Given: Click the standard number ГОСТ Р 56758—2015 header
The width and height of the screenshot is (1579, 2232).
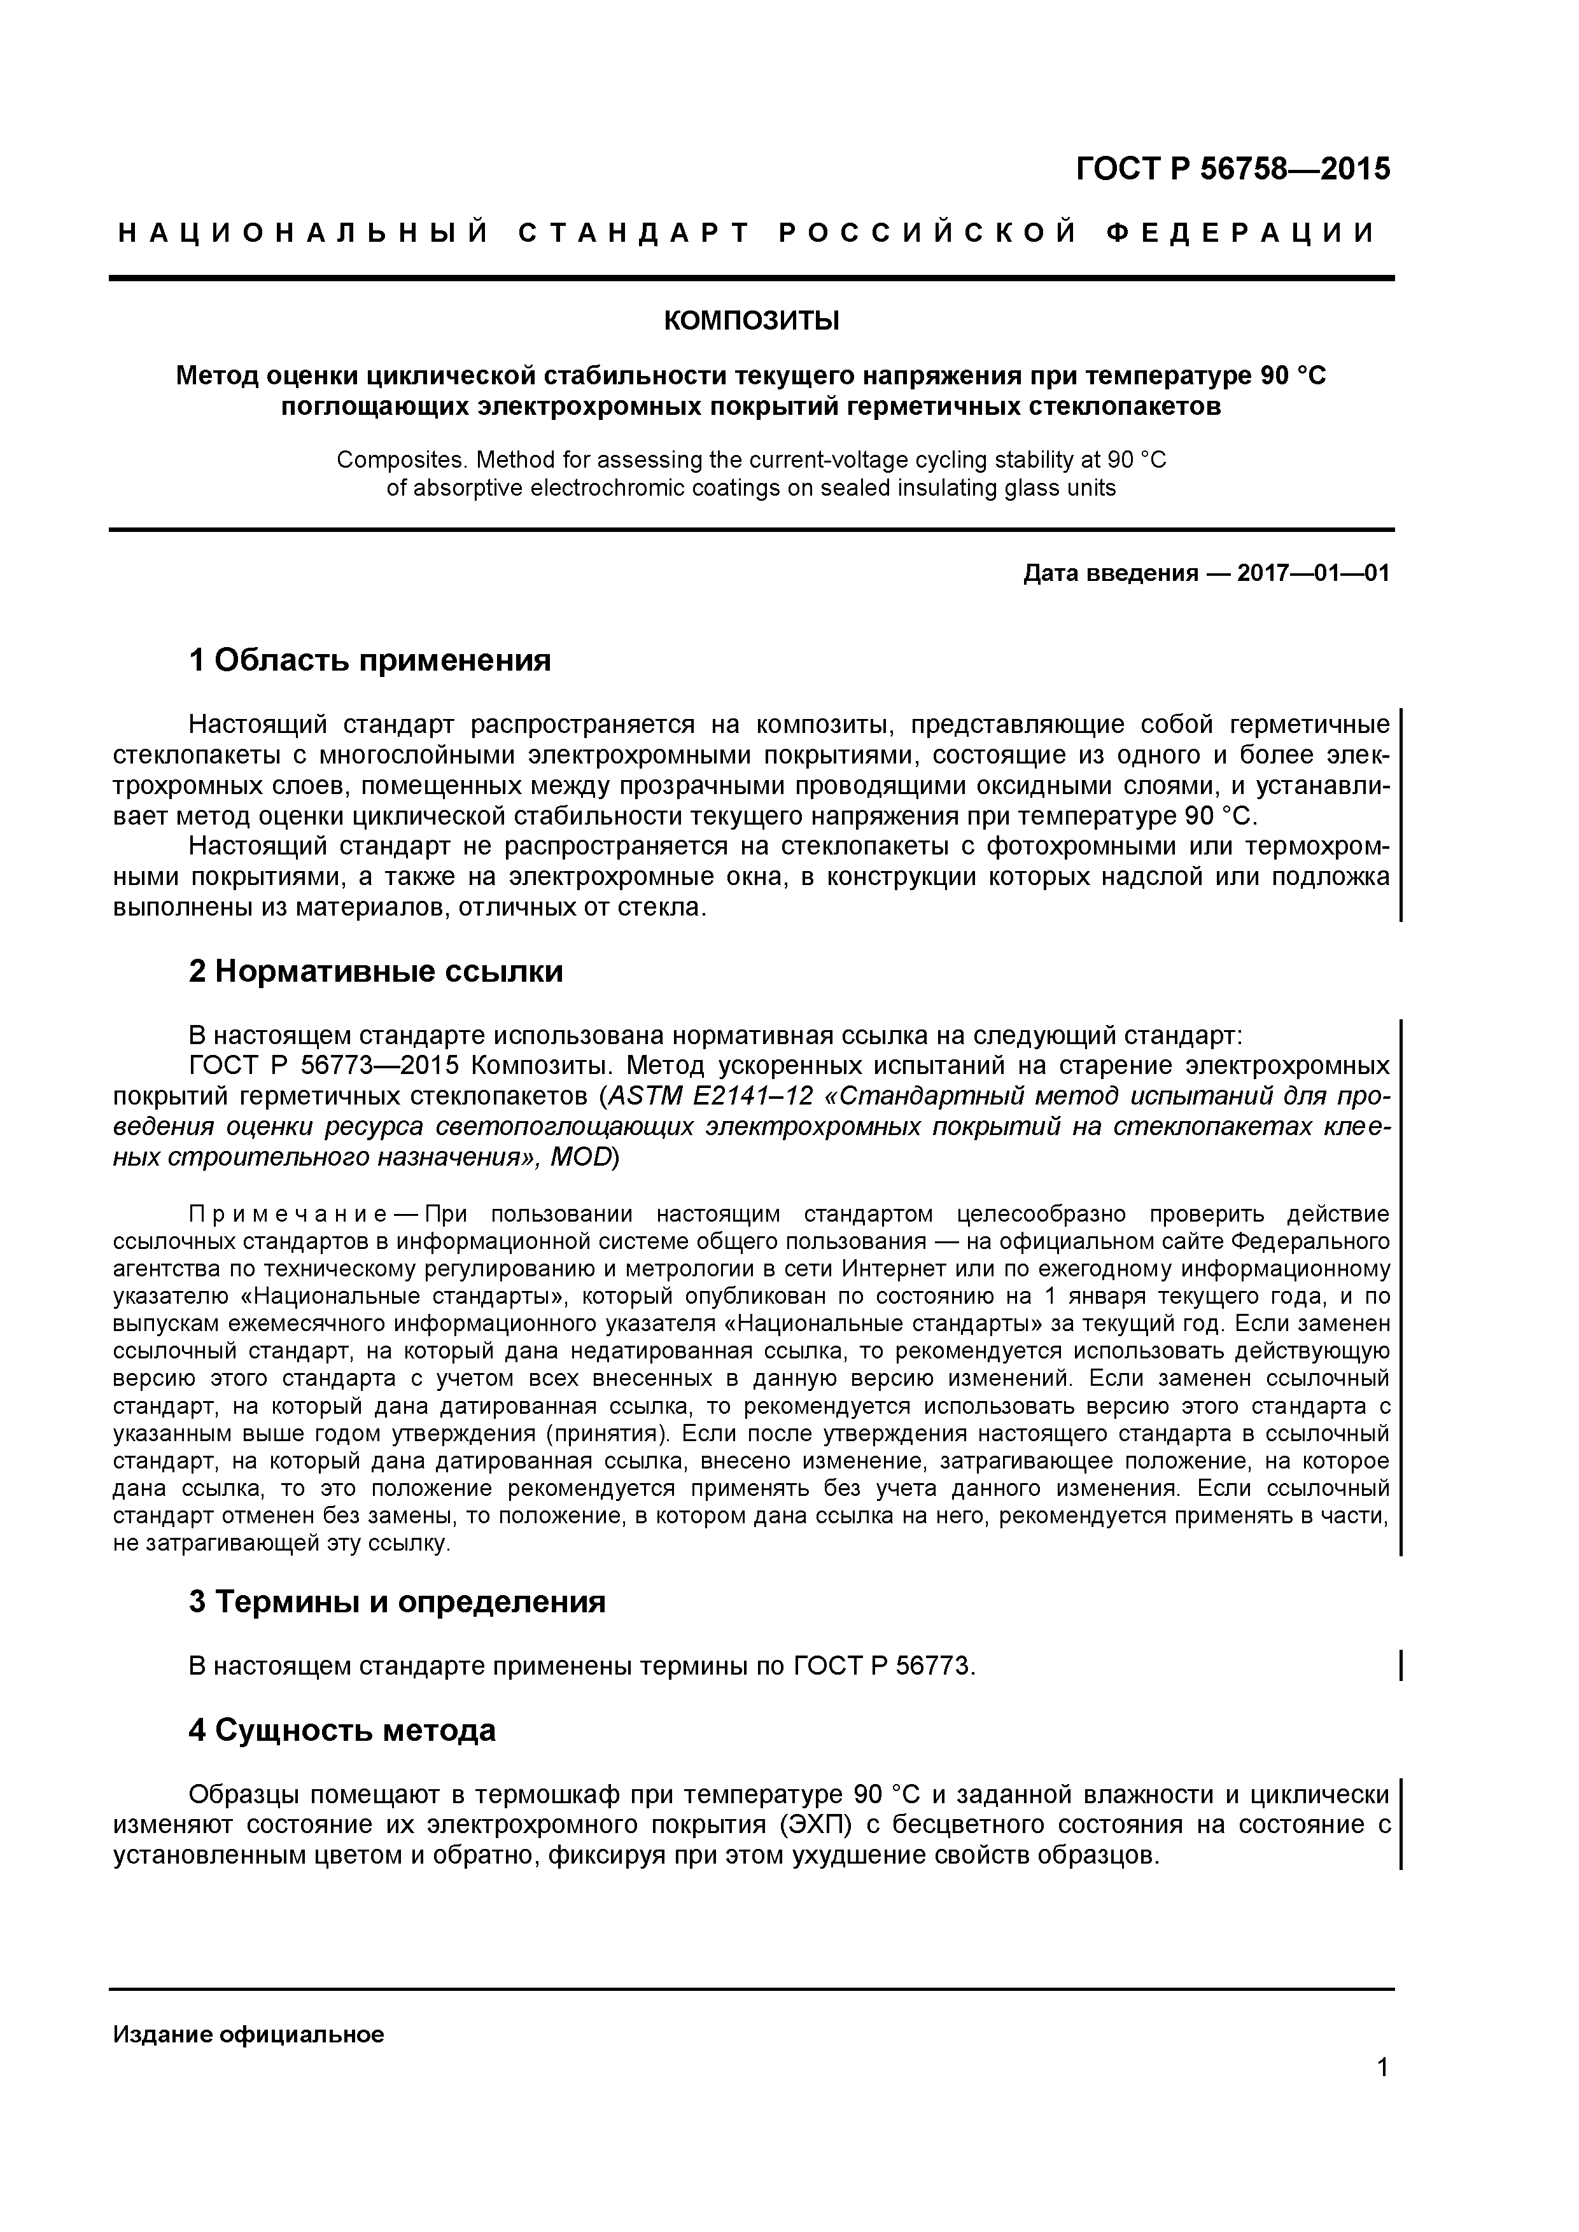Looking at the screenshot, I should click(1233, 169).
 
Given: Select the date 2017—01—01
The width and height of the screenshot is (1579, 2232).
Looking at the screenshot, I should click(1312, 573).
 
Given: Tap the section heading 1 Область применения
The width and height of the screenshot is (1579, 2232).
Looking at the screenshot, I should click(370, 660).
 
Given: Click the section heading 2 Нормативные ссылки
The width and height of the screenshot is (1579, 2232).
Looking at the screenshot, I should click(375, 971).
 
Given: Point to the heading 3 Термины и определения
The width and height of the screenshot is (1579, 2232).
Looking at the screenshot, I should click(397, 1601).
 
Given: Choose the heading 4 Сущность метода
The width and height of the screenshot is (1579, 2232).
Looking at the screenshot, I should click(342, 1729).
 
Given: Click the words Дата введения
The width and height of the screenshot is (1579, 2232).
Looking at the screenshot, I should click(1109, 573).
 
